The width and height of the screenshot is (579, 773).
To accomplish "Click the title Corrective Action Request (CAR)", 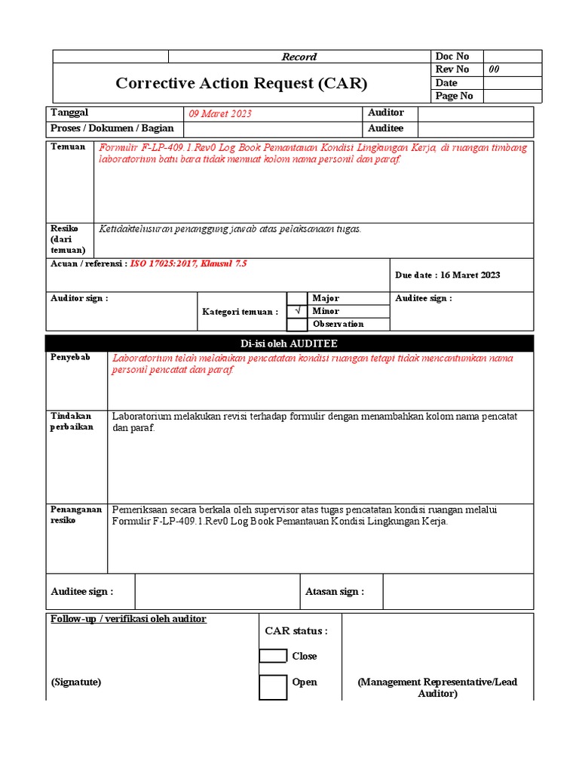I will point(241,83).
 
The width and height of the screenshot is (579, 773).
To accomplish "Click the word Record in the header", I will point(299,57).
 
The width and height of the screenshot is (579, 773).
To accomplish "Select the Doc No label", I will point(452,57).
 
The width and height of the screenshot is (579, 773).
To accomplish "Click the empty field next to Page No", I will point(512,96).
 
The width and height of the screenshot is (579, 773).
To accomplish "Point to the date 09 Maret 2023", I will point(220,114).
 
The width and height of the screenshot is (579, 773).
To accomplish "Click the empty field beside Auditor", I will point(475,113).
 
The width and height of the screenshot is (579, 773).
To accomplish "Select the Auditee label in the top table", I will point(385,128).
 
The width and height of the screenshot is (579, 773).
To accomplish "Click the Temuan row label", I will point(68,147).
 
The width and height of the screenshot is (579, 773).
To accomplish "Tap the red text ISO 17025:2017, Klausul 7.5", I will point(188,264).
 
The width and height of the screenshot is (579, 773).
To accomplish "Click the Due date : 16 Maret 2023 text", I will point(447,275).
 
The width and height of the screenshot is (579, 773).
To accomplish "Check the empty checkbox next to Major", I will point(297,298).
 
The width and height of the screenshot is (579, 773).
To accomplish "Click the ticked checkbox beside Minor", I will point(297,311).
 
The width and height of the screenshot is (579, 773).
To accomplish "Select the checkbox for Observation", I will point(297,325).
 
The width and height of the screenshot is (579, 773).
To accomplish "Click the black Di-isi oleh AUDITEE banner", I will point(289,343).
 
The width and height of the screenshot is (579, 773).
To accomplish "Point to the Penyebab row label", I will point(70,358).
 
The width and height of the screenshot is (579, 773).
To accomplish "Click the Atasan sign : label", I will point(334,592).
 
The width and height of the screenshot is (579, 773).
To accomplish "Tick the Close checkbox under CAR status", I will point(273,656).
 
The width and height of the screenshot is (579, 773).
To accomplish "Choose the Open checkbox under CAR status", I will point(273,687).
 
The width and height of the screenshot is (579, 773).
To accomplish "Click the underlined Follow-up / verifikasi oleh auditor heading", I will point(128,619).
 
